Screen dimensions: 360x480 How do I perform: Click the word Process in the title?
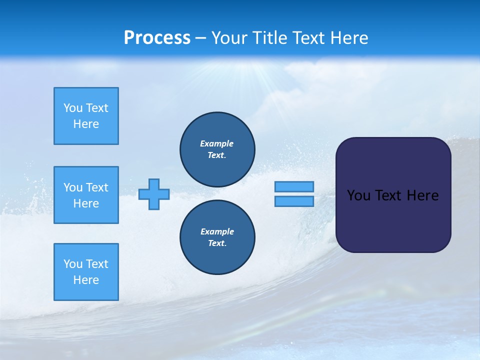click(157, 38)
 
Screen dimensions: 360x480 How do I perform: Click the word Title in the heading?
click(267, 38)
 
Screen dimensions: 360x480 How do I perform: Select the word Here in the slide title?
click(349, 38)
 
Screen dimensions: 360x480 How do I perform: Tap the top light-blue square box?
click(86, 116)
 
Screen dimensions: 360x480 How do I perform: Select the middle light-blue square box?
click(86, 195)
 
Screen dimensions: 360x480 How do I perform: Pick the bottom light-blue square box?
click(86, 272)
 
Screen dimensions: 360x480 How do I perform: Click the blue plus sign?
click(154, 194)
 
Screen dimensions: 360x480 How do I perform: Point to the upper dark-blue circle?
click(217, 149)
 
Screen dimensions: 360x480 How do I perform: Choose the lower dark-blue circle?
click(217, 237)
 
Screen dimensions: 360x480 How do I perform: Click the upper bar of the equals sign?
click(294, 186)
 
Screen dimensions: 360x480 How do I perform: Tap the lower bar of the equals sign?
click(294, 201)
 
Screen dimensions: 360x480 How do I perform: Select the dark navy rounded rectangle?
click(393, 220)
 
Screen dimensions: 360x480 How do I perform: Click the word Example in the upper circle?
click(216, 143)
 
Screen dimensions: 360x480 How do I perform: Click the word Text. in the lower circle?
click(217, 243)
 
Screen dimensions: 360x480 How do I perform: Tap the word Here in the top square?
click(86, 124)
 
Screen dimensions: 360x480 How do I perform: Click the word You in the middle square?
click(72, 187)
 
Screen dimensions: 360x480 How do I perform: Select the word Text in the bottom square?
click(97, 264)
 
